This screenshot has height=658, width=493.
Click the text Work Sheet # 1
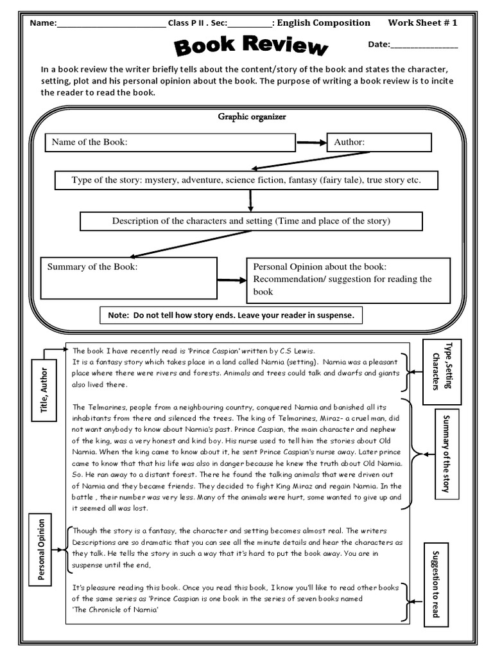(x=422, y=23)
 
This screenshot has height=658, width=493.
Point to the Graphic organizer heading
(x=252, y=117)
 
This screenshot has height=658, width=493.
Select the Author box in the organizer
(x=379, y=142)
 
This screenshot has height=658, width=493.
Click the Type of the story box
(x=246, y=181)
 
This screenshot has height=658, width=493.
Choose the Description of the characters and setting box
(x=250, y=221)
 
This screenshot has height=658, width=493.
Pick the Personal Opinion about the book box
(x=348, y=279)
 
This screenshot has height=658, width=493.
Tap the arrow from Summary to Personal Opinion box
(x=231, y=280)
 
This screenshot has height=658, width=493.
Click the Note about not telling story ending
(x=232, y=316)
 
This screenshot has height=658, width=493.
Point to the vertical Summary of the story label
(x=446, y=454)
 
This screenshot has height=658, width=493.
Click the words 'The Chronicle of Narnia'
(x=115, y=610)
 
